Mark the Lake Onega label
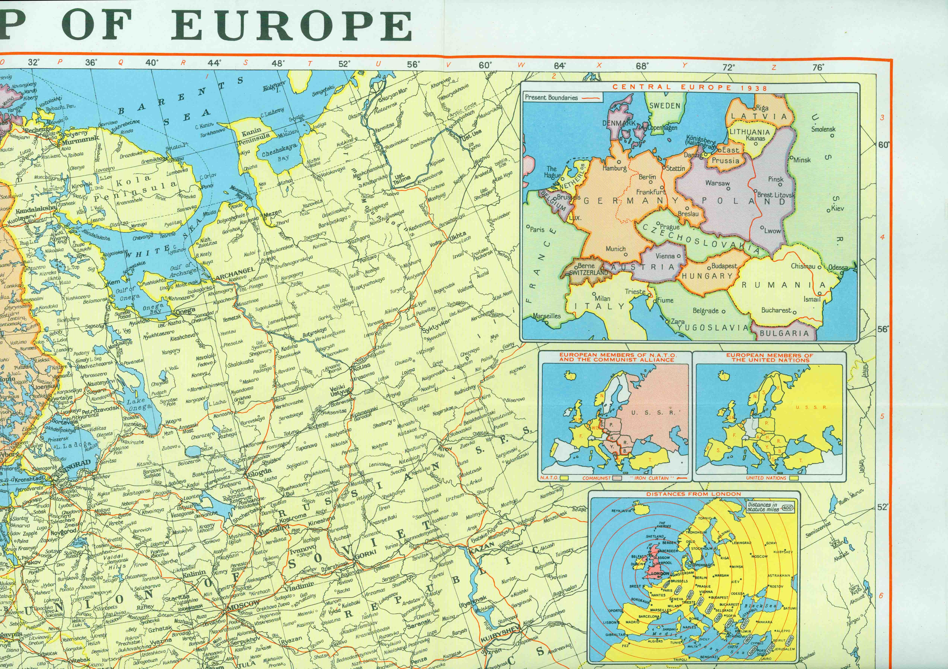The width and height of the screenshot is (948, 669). click(139, 404)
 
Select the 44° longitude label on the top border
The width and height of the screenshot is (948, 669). click(214, 63)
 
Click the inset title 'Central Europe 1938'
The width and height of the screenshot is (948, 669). click(690, 87)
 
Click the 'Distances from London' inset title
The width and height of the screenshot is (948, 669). click(694, 494)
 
